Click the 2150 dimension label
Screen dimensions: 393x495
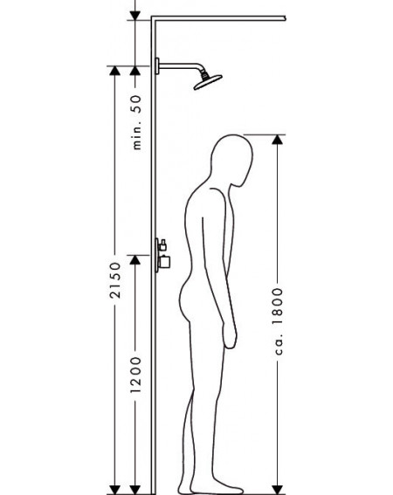[115, 280]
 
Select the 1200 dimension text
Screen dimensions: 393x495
[135, 375]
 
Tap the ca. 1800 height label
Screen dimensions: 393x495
[278, 321]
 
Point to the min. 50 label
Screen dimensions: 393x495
[136, 122]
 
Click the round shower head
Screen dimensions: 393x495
[208, 82]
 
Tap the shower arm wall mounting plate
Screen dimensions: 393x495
[157, 66]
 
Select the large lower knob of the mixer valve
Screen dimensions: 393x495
[164, 262]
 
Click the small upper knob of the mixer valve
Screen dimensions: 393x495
[162, 245]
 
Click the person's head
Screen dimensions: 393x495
[232, 161]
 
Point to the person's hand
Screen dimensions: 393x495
[230, 335]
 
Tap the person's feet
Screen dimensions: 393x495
[210, 488]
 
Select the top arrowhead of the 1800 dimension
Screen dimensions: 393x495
[278, 140]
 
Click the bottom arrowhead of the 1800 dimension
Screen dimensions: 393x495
[278, 490]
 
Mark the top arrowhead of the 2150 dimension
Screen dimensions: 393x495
[115, 71]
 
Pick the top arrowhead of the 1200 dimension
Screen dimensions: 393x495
[135, 260]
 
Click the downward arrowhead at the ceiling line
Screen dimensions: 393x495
[135, 16]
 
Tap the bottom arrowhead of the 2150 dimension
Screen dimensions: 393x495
[115, 490]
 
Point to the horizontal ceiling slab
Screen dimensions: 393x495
[218, 18]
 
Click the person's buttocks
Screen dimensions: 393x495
[186, 300]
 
